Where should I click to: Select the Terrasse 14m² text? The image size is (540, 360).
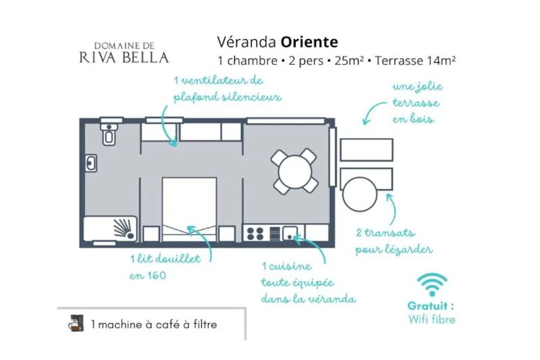click(415, 61)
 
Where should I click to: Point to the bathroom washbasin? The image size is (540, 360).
click(90, 163)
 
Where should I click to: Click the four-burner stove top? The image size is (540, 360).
click(256, 234)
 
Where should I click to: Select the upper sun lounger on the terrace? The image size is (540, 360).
click(367, 149)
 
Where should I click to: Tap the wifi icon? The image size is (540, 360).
click(432, 284)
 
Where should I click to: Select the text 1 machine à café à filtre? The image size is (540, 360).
click(154, 324)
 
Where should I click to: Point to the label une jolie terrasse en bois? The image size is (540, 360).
click(416, 103)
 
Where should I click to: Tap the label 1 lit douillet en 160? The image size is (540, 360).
click(165, 267)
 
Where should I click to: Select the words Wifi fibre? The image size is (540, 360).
click(432, 319)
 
